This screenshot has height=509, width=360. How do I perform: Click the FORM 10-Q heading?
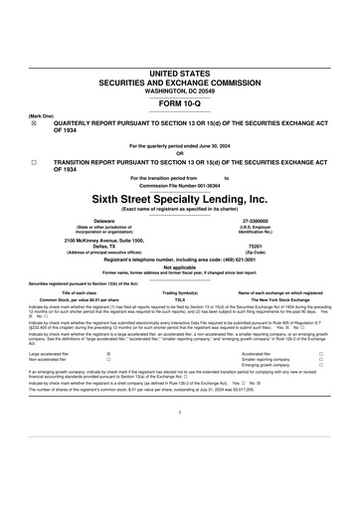(x=179, y=103)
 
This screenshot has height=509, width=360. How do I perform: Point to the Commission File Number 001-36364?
(x=180, y=185)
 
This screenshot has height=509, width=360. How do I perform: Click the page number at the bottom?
(x=180, y=437)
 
